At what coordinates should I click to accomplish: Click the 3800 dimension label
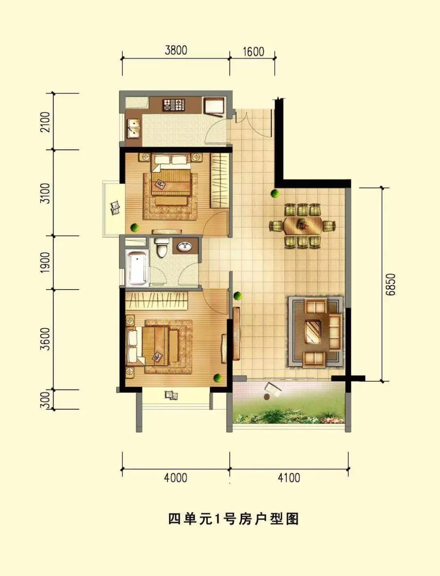(x=176, y=50)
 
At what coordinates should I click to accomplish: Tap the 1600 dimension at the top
(x=254, y=52)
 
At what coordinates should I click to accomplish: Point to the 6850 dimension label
(x=391, y=285)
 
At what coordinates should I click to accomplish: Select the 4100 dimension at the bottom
(x=289, y=478)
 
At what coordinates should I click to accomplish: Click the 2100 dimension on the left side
(x=45, y=122)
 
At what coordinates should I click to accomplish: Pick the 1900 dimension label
(x=45, y=262)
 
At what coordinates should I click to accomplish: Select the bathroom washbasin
(x=185, y=246)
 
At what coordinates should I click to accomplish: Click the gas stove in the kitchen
(x=174, y=105)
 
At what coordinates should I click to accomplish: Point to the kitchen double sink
(x=134, y=128)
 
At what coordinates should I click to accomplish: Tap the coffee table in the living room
(x=313, y=332)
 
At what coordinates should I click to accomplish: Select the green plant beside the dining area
(x=275, y=194)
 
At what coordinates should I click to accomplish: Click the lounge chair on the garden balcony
(x=273, y=390)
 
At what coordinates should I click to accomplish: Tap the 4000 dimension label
(x=176, y=478)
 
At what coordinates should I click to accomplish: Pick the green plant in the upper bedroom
(x=135, y=227)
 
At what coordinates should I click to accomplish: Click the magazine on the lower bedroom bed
(x=158, y=357)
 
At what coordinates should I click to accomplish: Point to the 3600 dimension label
(x=45, y=339)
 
